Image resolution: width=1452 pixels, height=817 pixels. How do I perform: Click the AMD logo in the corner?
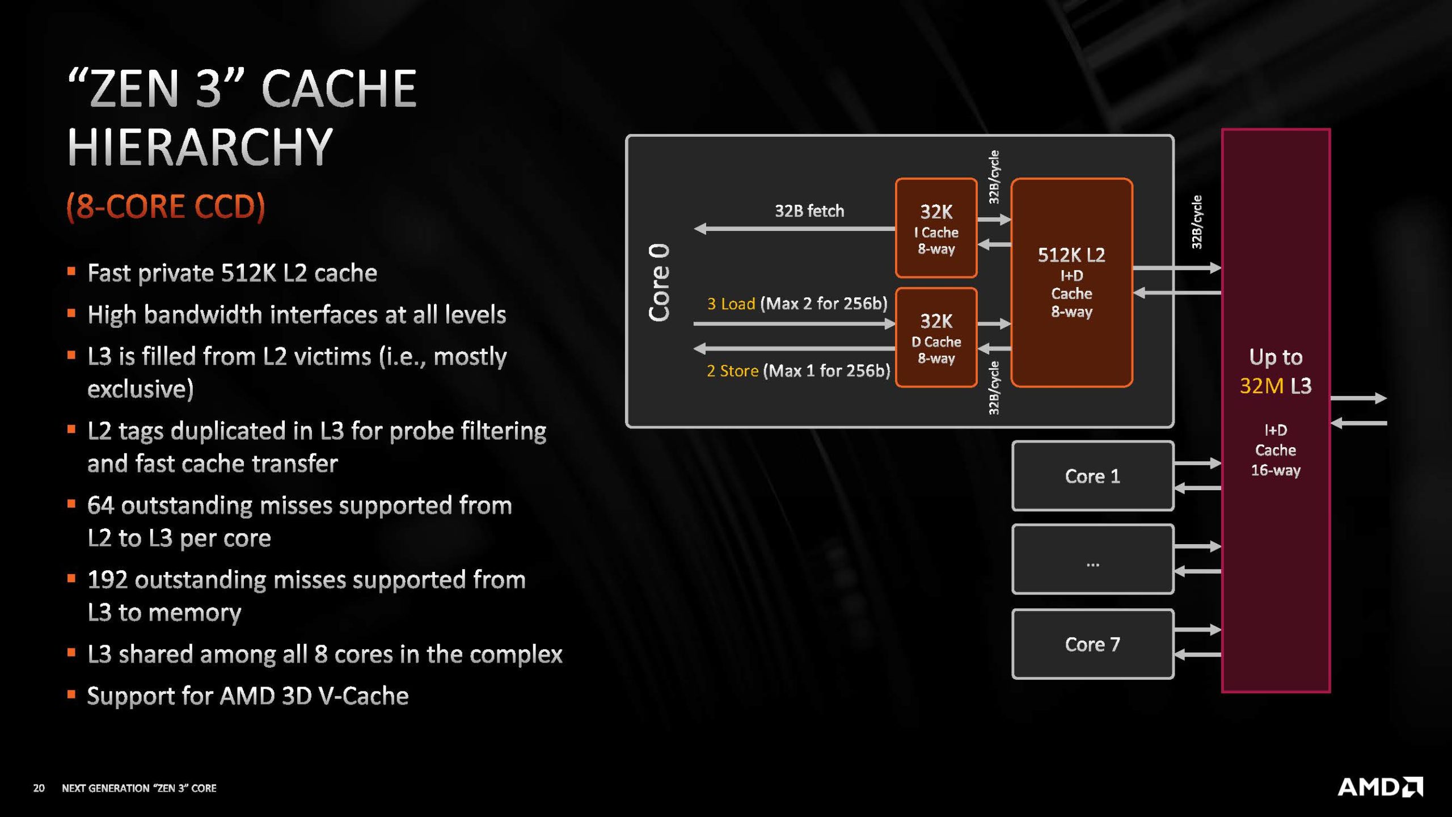point(1379,787)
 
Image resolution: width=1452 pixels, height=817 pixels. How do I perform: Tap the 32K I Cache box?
point(936,228)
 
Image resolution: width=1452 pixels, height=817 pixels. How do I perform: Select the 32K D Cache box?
point(936,338)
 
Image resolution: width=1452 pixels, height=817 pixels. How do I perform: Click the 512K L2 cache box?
point(1071,283)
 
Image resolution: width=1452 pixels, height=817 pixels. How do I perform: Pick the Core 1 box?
point(1092,476)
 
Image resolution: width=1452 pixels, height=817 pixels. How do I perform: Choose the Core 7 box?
point(1092,644)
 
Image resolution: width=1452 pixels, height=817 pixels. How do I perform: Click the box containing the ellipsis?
point(1092,560)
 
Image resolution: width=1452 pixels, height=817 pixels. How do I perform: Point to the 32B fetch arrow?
point(794,229)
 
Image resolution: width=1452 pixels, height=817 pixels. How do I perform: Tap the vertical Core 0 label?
point(659,283)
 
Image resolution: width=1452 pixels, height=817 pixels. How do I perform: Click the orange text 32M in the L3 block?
point(1261,386)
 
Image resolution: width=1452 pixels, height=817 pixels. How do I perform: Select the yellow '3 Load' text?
point(731,304)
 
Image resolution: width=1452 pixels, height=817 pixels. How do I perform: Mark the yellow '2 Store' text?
point(732,371)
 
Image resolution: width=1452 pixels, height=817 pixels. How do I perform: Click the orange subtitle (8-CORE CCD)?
point(166,206)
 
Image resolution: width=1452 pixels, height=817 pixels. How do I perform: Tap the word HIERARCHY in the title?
point(200,146)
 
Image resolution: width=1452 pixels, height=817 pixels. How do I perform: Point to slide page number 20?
point(39,788)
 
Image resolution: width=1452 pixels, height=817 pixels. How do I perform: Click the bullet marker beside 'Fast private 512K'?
point(71,272)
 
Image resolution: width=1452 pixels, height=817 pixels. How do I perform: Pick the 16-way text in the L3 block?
point(1275,470)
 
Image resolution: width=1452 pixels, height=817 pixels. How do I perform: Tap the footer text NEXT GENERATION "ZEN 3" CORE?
point(139,788)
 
